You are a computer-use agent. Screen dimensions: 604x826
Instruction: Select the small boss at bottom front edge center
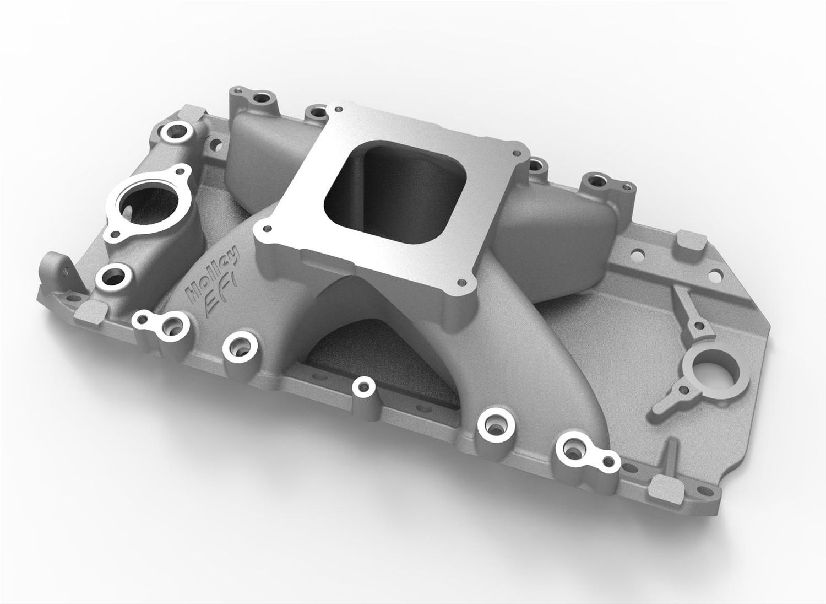[363, 388]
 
